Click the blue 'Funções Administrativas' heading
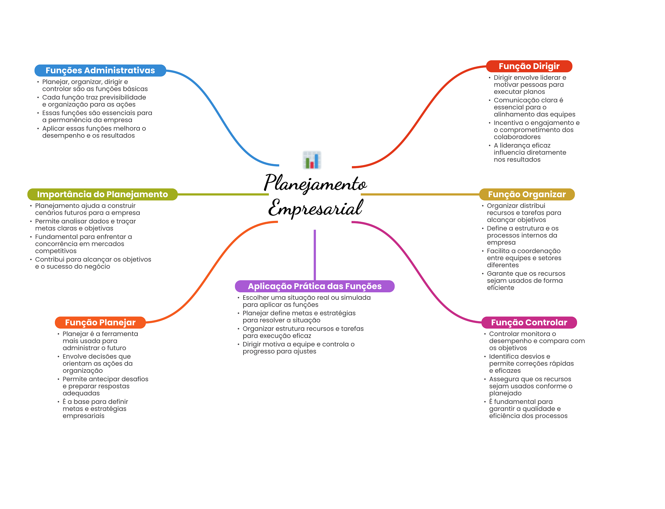pyautogui.click(x=100, y=70)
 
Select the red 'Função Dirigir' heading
pyautogui.click(x=529, y=66)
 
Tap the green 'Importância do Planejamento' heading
pyautogui.click(x=102, y=194)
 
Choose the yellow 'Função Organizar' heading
pyautogui.click(x=527, y=194)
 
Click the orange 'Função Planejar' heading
pyautogui.click(x=100, y=322)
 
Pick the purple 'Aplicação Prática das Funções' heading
pyautogui.click(x=315, y=286)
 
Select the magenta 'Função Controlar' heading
pyautogui.click(x=529, y=322)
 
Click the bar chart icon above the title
pyautogui.click(x=312, y=160)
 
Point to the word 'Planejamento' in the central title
pyautogui.click(x=315, y=183)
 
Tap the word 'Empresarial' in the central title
pyautogui.click(x=315, y=208)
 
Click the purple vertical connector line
pyautogui.click(x=315, y=255)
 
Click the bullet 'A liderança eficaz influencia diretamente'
pyautogui.click(x=530, y=152)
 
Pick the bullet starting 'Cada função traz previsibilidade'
pyautogui.click(x=94, y=101)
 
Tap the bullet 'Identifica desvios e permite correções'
pyautogui.click(x=531, y=363)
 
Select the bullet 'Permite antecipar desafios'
pyautogui.click(x=105, y=386)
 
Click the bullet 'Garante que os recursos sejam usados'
pyautogui.click(x=526, y=281)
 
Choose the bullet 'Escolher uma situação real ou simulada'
pyautogui.click(x=306, y=301)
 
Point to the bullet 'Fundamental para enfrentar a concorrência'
pyautogui.click(x=83, y=244)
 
